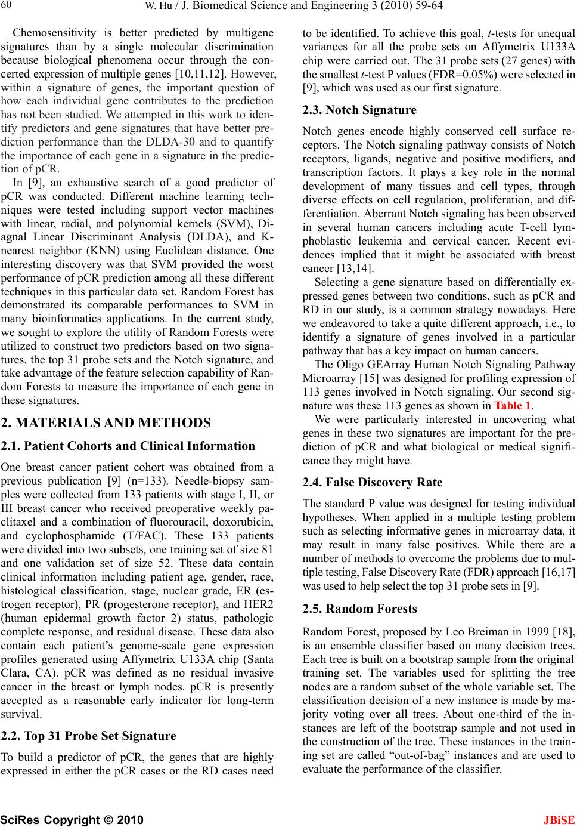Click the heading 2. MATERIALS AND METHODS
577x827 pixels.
pyautogui.click(x=106, y=423)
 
